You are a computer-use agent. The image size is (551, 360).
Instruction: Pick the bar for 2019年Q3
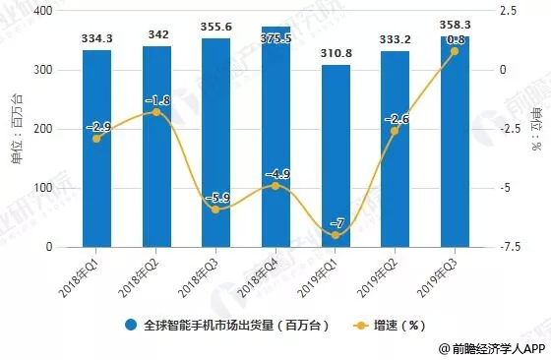(x=455, y=148)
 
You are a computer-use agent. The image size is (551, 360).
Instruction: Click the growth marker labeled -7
(x=336, y=235)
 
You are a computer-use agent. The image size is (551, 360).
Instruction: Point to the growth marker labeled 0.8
(x=455, y=51)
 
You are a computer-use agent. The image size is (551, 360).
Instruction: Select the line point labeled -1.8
(x=155, y=112)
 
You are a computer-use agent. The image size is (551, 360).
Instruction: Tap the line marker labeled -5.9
(x=215, y=210)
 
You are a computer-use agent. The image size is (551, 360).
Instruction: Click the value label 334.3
(x=96, y=39)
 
